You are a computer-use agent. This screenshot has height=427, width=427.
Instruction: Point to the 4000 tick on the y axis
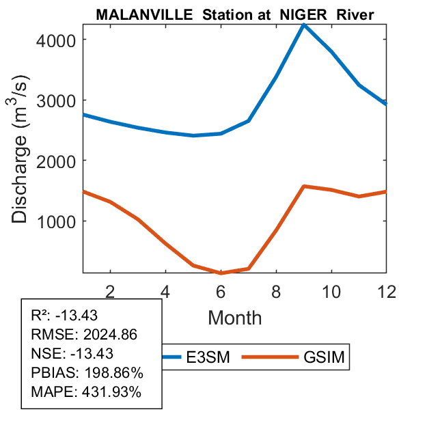59,40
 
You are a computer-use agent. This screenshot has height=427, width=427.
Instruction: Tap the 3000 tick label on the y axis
59,100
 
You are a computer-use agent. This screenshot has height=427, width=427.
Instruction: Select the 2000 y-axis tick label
59,161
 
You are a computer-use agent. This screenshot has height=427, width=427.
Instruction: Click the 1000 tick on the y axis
59,221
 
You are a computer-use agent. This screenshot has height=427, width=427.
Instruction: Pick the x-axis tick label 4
165,290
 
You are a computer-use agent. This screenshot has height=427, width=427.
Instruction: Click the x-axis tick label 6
221,290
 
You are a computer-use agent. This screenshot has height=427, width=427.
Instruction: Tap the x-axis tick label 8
276,290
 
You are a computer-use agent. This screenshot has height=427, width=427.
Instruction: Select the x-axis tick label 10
331,290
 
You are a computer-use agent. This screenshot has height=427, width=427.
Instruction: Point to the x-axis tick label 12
385,290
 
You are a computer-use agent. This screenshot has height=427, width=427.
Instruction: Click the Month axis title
234,317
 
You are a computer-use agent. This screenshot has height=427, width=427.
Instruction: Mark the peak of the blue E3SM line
304,25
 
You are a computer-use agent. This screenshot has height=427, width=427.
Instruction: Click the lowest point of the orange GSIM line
221,273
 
